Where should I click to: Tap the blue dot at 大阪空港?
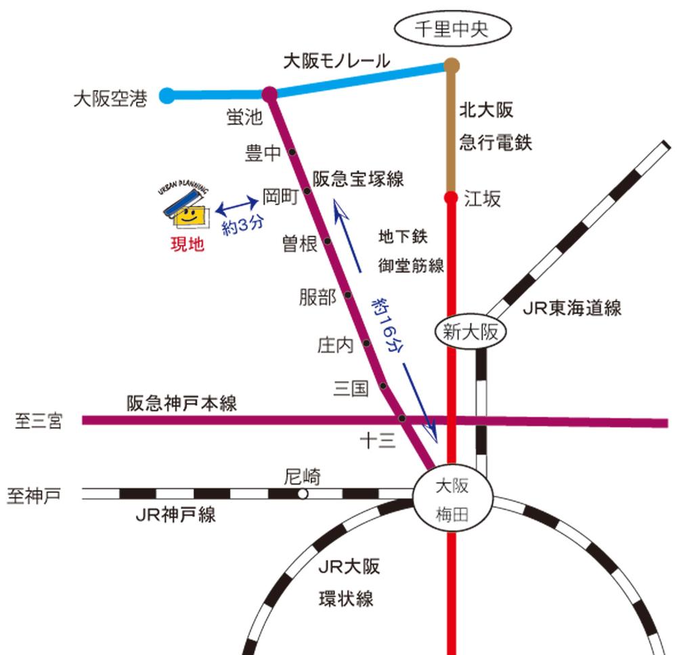167,95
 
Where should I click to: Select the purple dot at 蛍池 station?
269,94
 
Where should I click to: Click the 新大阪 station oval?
470,332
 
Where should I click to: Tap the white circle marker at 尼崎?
303,494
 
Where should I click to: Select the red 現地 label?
187,245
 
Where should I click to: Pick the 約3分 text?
242,224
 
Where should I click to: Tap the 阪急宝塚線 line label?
358,179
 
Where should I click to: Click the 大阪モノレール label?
336,62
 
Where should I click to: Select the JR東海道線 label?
572,309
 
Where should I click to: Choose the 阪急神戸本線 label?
182,404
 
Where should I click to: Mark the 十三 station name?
376,441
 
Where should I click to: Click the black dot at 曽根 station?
327,241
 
